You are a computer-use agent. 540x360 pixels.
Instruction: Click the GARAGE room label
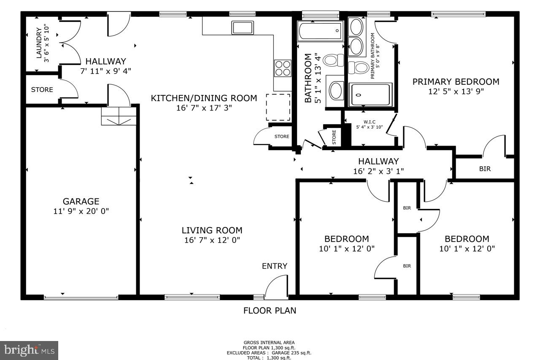pos(81,201)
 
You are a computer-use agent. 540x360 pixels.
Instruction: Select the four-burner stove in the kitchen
pos(283,68)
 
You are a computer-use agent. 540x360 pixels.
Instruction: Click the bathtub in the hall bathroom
pos(320,31)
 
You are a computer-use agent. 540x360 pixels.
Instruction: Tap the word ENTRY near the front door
pos(274,266)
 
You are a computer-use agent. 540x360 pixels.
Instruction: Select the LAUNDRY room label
pos(39,43)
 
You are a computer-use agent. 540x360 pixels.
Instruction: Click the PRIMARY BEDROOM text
pos(456,81)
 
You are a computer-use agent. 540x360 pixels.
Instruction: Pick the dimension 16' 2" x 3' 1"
pos(378,171)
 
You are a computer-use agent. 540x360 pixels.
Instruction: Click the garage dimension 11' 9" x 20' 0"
pos(81,211)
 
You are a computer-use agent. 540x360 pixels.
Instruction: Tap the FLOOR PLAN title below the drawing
pos(270,311)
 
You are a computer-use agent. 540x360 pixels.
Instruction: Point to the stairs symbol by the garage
pos(119,116)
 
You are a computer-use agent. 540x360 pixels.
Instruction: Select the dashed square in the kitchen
pos(278,107)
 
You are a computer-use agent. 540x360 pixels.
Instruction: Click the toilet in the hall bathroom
pos(333,60)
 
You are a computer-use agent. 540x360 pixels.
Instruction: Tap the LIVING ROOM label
pos(212,230)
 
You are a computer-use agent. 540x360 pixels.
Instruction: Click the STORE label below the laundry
pos(42,89)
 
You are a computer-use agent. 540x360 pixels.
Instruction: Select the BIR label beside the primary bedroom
pos(485,169)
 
